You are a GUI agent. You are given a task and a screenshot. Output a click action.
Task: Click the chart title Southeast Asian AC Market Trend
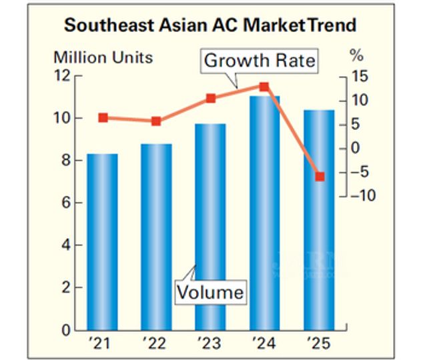tap(210, 26)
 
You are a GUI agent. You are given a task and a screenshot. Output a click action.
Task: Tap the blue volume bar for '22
tap(157, 237)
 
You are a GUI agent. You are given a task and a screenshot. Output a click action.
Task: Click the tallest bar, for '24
tap(265, 213)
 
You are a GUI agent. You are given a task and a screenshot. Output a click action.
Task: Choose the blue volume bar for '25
tap(319, 220)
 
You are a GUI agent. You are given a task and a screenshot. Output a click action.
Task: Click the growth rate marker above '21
tap(103, 118)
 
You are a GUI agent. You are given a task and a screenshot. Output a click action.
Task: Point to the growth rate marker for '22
tap(156, 121)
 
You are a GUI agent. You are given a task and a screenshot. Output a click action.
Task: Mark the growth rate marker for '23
tap(211, 99)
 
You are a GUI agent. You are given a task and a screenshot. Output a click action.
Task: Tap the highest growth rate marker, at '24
tap(264, 87)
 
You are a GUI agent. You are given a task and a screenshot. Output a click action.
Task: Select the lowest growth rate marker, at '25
tap(320, 177)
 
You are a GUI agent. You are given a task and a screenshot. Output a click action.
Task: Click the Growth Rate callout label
tap(260, 61)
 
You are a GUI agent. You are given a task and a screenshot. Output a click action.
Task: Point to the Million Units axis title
tap(103, 57)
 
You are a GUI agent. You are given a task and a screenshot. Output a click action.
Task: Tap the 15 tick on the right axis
tap(358, 76)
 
